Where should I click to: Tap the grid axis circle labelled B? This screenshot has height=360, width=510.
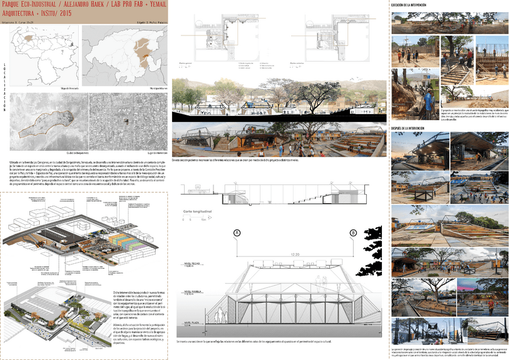(x=352, y=233)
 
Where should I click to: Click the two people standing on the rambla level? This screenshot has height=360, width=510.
(x=220, y=316)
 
